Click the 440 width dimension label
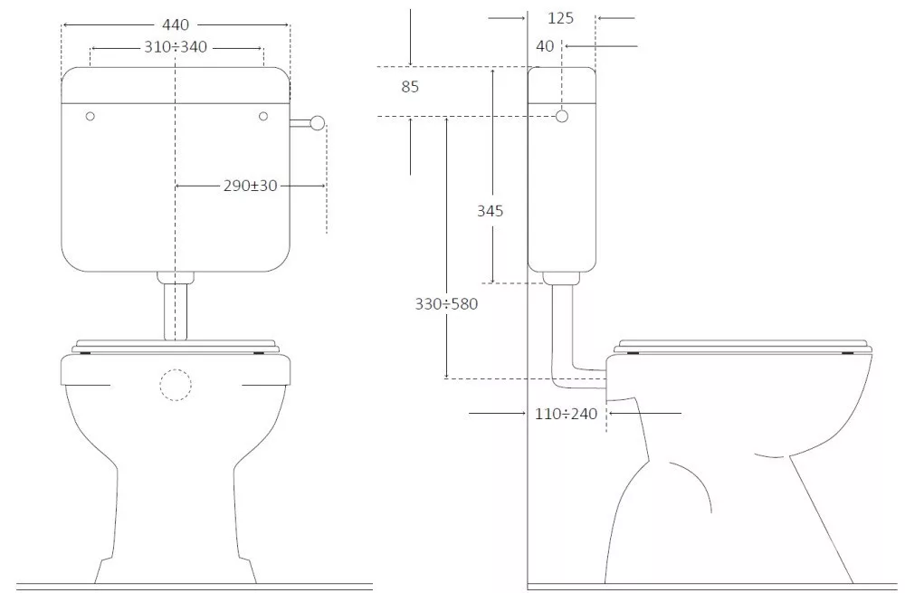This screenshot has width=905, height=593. (176, 24)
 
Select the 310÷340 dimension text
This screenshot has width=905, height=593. (176, 47)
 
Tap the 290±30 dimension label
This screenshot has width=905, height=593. (251, 186)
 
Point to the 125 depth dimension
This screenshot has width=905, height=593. (560, 18)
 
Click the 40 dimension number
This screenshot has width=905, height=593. (545, 46)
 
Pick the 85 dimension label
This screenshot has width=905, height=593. (410, 87)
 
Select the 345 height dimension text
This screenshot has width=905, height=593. (490, 211)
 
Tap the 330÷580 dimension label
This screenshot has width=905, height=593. (447, 303)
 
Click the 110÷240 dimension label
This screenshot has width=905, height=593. (567, 414)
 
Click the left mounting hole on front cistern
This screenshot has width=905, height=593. (90, 116)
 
